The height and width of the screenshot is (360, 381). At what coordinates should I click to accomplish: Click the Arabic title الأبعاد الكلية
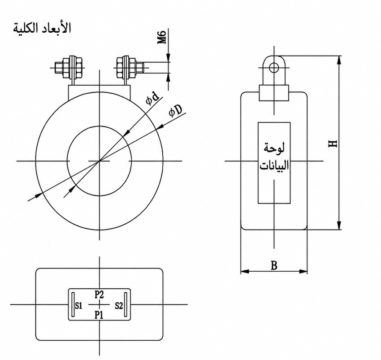click(x=42, y=28)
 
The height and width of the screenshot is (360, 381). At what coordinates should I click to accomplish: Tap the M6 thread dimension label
click(x=162, y=37)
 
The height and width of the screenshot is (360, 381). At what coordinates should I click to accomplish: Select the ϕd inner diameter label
click(x=152, y=98)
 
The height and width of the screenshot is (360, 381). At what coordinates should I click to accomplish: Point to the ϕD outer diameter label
click(x=175, y=111)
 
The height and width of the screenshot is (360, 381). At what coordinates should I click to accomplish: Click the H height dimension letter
click(x=333, y=143)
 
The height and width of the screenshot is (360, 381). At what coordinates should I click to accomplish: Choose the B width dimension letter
click(x=274, y=265)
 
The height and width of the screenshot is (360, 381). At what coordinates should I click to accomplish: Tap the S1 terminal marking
click(x=79, y=306)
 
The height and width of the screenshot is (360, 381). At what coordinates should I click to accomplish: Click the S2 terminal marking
click(x=119, y=306)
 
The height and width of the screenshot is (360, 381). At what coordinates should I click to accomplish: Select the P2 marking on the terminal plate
click(x=99, y=295)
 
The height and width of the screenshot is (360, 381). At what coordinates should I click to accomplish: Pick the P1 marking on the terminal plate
click(x=99, y=315)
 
